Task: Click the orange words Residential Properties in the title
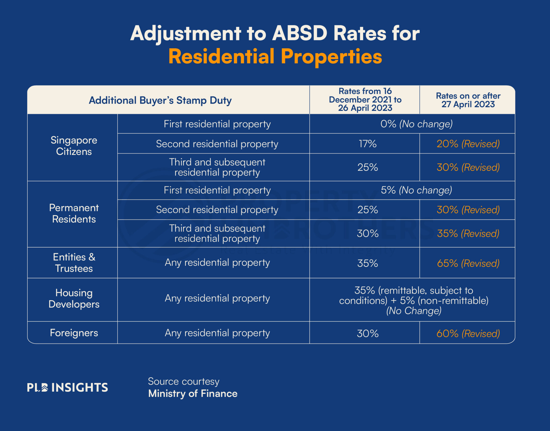click(275, 57)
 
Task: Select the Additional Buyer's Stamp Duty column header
click(160, 100)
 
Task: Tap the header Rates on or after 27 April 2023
click(468, 100)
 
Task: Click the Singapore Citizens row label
click(74, 146)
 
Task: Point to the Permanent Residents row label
click(74, 213)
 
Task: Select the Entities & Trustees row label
click(74, 263)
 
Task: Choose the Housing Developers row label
click(74, 298)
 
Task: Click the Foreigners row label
click(74, 333)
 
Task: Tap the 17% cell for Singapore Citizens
click(367, 144)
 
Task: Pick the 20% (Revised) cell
click(468, 144)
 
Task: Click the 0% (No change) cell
click(416, 124)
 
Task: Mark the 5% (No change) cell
click(416, 190)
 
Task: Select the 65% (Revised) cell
click(468, 263)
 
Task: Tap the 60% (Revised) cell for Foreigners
click(468, 333)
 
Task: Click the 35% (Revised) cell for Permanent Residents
click(468, 233)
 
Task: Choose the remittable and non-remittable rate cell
click(414, 300)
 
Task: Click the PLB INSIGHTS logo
click(67, 387)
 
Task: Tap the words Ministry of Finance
click(193, 393)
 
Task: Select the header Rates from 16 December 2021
click(365, 100)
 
